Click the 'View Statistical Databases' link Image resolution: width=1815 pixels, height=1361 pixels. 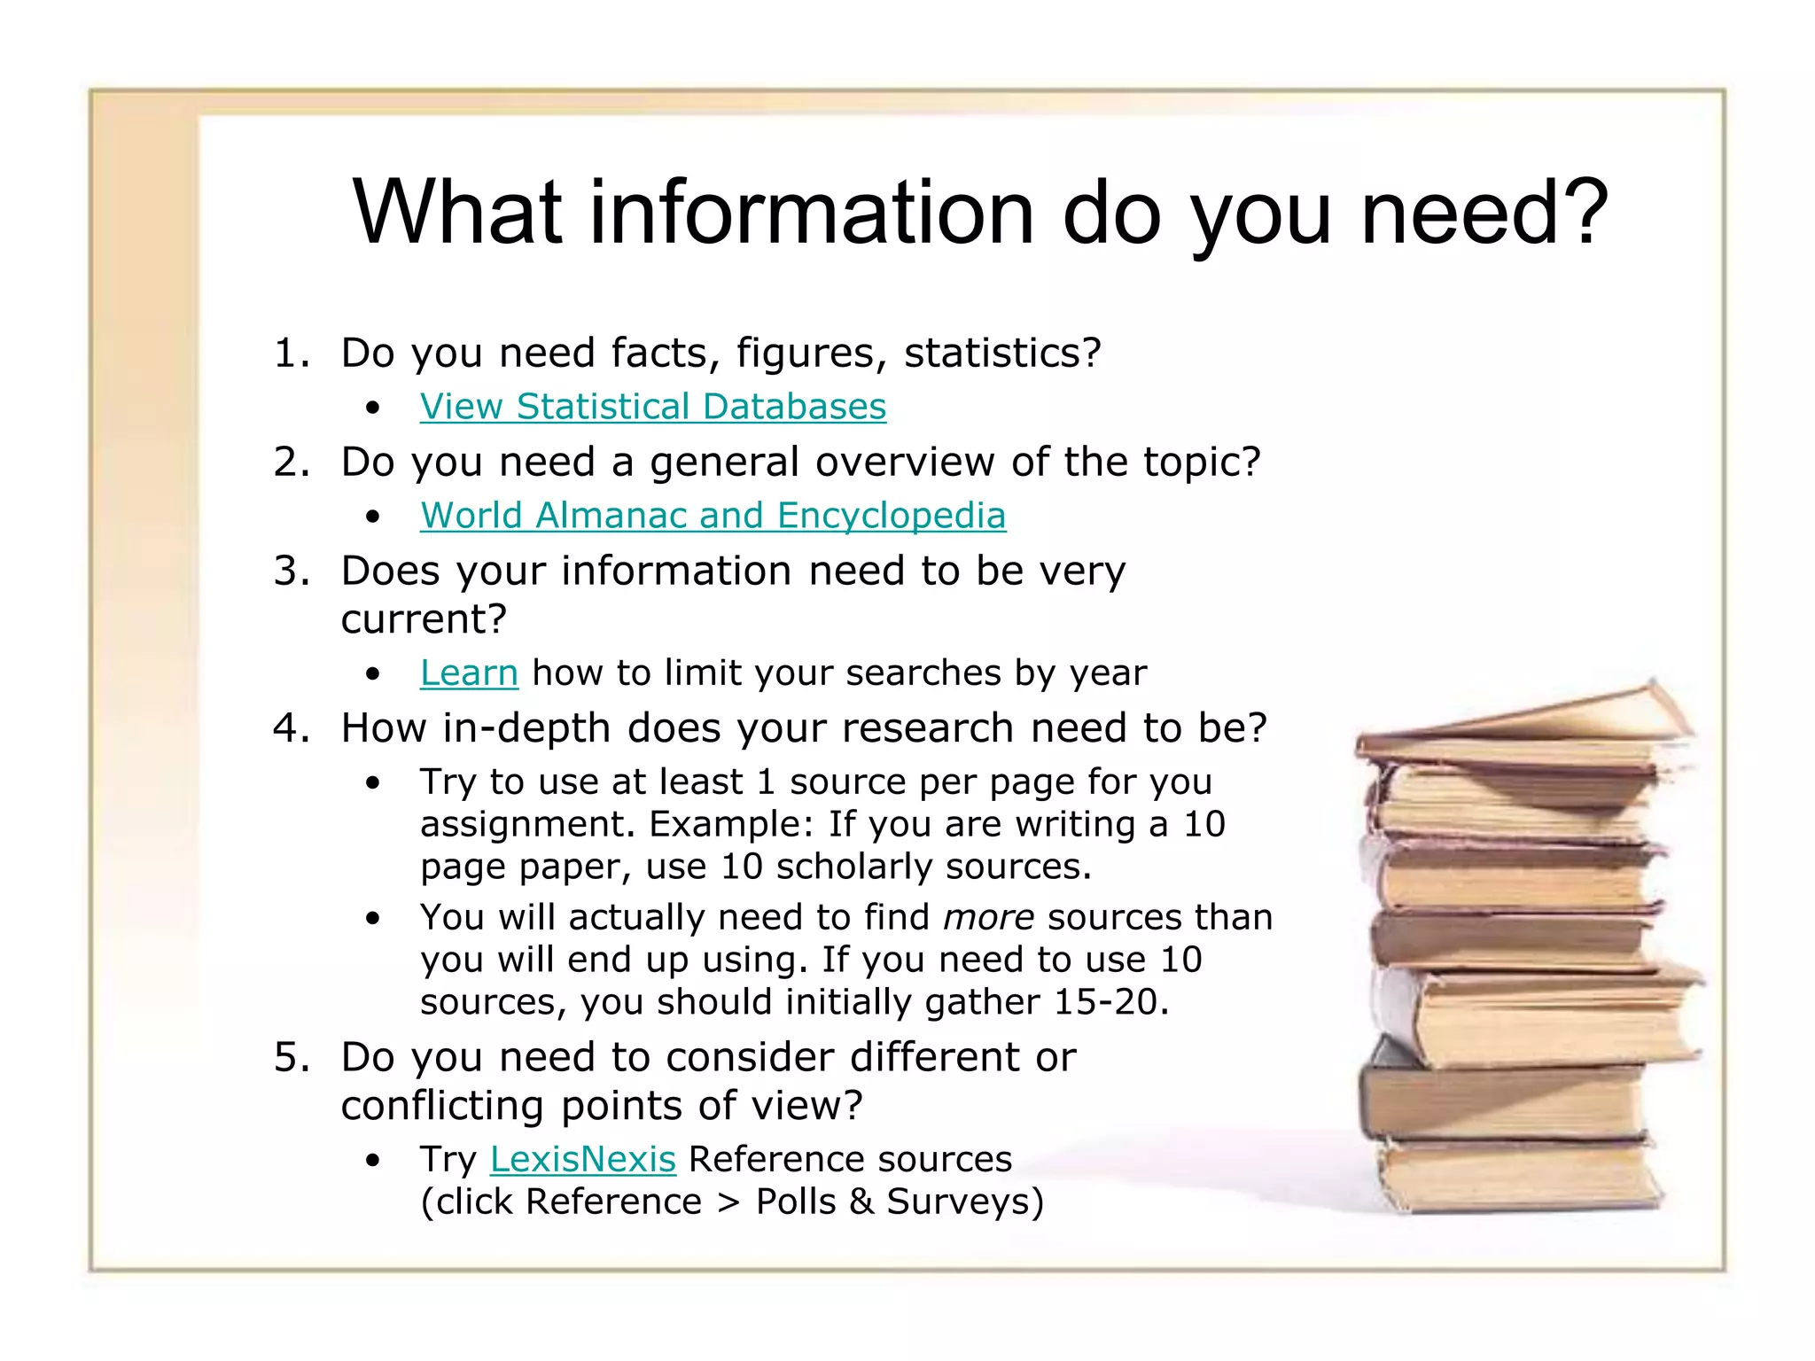pyautogui.click(x=652, y=407)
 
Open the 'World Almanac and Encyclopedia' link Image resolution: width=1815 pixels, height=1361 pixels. pyautogui.click(x=713, y=516)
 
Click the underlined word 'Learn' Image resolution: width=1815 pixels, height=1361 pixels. pyautogui.click(x=469, y=673)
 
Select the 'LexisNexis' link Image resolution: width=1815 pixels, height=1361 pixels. pyautogui.click(x=582, y=1160)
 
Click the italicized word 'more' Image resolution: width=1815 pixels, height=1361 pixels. pyautogui.click(x=988, y=918)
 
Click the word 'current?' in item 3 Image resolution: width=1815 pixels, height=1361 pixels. pyautogui.click(x=424, y=619)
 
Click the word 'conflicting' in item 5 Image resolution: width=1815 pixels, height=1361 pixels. pyautogui.click(x=442, y=1106)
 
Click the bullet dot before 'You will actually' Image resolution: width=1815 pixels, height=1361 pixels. pyautogui.click(x=373, y=919)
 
